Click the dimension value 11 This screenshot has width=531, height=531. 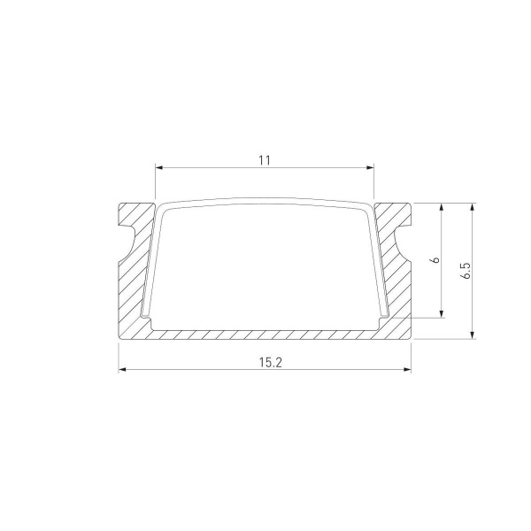click(x=264, y=160)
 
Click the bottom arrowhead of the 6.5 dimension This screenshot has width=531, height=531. click(x=473, y=334)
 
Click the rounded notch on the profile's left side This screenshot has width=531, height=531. click(x=127, y=241)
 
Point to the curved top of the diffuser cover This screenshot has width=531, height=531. click(x=265, y=201)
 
